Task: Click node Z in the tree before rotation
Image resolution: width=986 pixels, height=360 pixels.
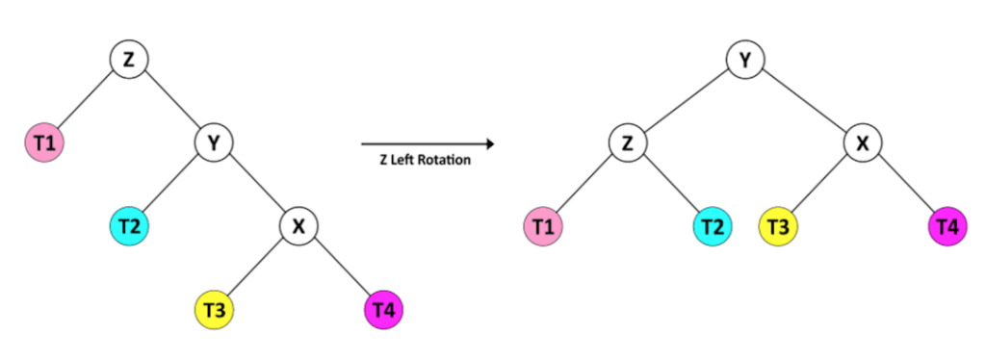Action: click(x=129, y=60)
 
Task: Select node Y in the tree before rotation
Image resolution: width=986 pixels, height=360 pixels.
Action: click(x=214, y=143)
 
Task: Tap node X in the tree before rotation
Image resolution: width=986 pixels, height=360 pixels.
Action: click(x=298, y=227)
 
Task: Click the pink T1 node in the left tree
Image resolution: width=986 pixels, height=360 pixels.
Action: click(x=44, y=143)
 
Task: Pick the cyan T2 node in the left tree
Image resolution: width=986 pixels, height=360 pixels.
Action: click(x=128, y=227)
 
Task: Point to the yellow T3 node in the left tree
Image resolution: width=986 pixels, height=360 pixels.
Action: click(x=214, y=310)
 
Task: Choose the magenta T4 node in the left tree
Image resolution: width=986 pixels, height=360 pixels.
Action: click(x=383, y=310)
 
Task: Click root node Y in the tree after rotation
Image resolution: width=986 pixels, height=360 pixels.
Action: click(x=744, y=60)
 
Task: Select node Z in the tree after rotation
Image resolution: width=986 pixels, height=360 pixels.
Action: click(x=627, y=143)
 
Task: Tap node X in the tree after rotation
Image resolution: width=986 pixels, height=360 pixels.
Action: click(x=863, y=143)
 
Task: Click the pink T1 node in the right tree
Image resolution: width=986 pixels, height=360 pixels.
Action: click(x=543, y=227)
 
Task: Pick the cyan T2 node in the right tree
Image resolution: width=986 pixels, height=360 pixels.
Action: click(x=712, y=227)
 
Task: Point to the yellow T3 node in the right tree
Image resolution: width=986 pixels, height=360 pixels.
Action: click(x=778, y=227)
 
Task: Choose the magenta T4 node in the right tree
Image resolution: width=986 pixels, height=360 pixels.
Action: click(x=947, y=227)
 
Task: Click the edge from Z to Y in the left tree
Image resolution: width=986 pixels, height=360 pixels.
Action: click(x=171, y=102)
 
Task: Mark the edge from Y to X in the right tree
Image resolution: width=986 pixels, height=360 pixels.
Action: click(x=804, y=102)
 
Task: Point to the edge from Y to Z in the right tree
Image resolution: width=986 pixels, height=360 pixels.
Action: click(x=686, y=102)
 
